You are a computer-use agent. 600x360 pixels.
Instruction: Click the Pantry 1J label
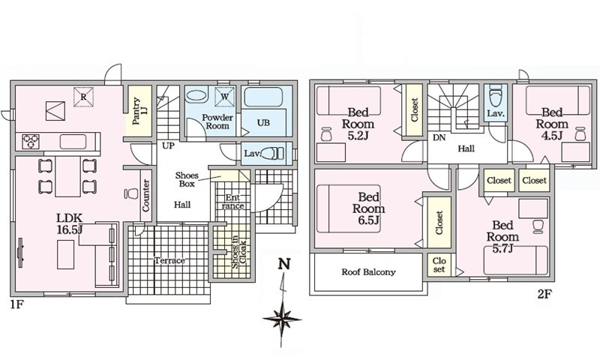coord(139,111)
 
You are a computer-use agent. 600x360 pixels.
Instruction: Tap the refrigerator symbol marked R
coord(84,97)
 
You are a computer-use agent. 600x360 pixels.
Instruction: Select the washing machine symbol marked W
coord(224,97)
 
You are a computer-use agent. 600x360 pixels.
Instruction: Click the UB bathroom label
coord(263,123)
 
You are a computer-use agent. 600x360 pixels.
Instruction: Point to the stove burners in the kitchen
coord(31,142)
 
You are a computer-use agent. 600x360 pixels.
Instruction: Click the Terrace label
coord(169,260)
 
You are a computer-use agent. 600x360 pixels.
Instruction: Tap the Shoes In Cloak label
coord(239,252)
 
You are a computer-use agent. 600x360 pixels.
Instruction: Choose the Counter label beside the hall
coord(145,196)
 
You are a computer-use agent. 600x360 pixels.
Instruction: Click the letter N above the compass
coord(284,264)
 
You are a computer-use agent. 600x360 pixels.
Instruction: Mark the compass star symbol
coord(282,319)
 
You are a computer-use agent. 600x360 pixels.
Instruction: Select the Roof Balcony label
coord(368,272)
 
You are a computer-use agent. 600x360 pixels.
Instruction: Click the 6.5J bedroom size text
coord(368,220)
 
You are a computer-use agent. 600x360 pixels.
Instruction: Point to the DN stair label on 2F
coord(439,137)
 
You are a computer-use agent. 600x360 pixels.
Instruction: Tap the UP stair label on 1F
coord(168,145)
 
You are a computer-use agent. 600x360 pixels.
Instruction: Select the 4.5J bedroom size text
coord(552,136)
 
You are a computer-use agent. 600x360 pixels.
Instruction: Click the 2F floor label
coord(544,294)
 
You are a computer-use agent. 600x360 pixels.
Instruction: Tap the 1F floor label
coord(17,304)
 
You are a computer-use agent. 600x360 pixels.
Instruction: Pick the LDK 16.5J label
coord(70,224)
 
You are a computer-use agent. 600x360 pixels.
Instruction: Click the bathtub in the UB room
coord(263,97)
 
